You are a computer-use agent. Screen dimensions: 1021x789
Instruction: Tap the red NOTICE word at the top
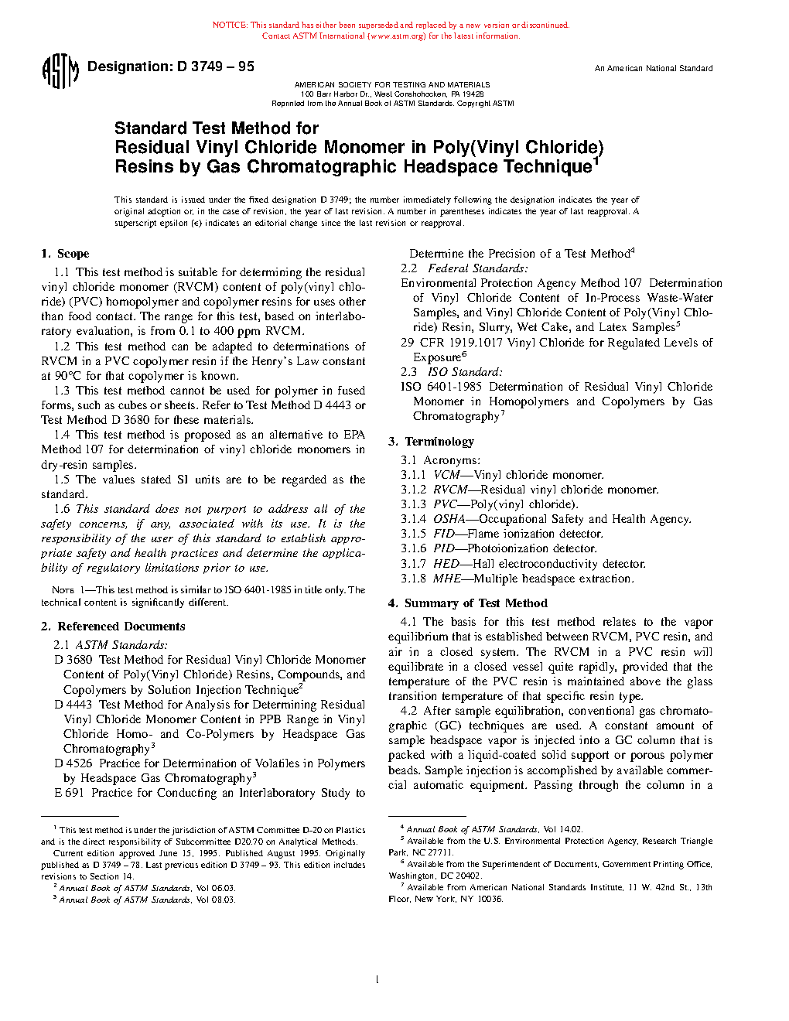pyautogui.click(x=229, y=26)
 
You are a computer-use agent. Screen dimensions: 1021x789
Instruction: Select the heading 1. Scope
pyautogui.click(x=65, y=254)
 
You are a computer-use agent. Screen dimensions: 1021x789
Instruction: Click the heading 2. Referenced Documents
pyautogui.click(x=113, y=627)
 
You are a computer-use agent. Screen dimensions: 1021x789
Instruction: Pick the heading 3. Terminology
pyautogui.click(x=431, y=442)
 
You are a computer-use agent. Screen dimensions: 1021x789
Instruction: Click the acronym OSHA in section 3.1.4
pyautogui.click(x=449, y=519)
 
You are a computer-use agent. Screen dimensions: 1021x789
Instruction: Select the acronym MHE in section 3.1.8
pyautogui.click(x=446, y=579)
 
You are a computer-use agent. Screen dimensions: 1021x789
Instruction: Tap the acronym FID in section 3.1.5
pyautogui.click(x=443, y=534)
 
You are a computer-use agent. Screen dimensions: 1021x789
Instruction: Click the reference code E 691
pyautogui.click(x=70, y=793)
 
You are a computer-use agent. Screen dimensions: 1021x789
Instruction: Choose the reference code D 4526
pyautogui.click(x=73, y=763)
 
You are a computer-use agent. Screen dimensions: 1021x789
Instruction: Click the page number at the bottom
pyautogui.click(x=377, y=980)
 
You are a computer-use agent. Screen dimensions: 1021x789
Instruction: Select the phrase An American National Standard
pyautogui.click(x=653, y=69)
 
